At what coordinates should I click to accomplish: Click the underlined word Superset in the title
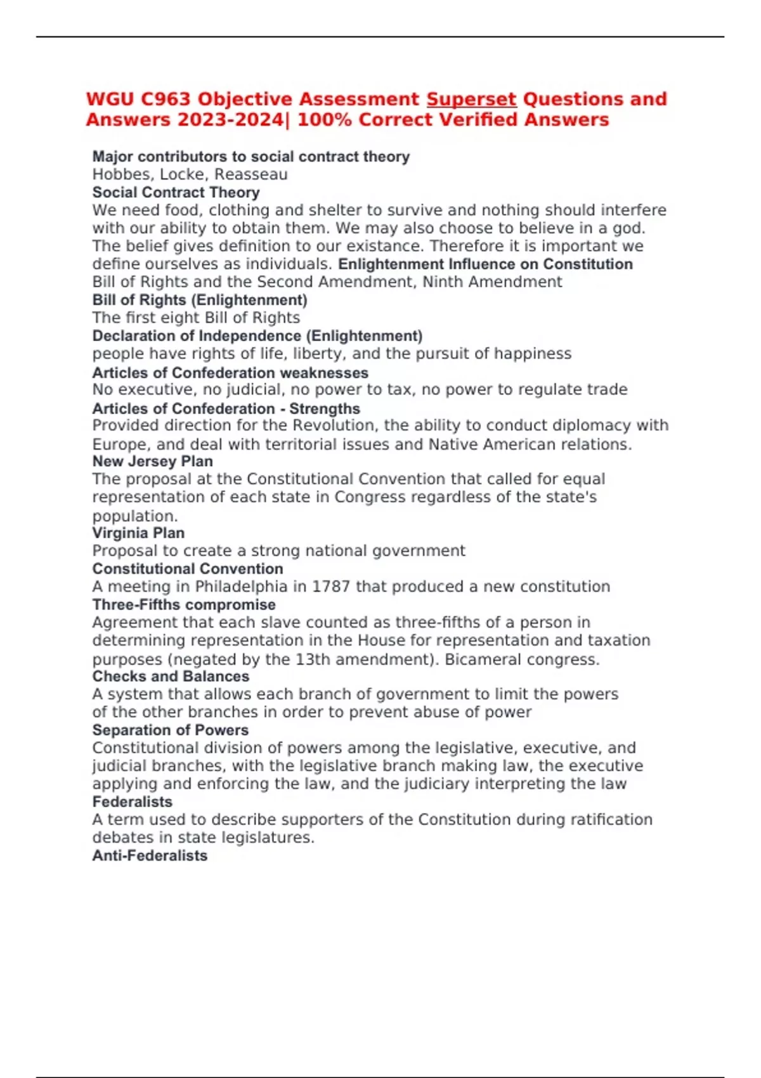[x=471, y=100]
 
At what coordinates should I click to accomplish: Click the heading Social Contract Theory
[x=176, y=192]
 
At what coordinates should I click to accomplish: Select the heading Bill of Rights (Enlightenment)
[x=200, y=300]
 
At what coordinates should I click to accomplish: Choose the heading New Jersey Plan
[x=152, y=462]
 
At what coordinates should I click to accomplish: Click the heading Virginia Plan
[x=138, y=533]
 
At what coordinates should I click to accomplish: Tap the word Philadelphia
[x=232, y=587]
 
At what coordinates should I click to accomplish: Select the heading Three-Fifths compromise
[x=184, y=605]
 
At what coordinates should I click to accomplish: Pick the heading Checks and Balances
[x=171, y=677]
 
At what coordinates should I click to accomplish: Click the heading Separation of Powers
[x=170, y=731]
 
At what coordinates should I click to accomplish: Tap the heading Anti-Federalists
[x=150, y=856]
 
